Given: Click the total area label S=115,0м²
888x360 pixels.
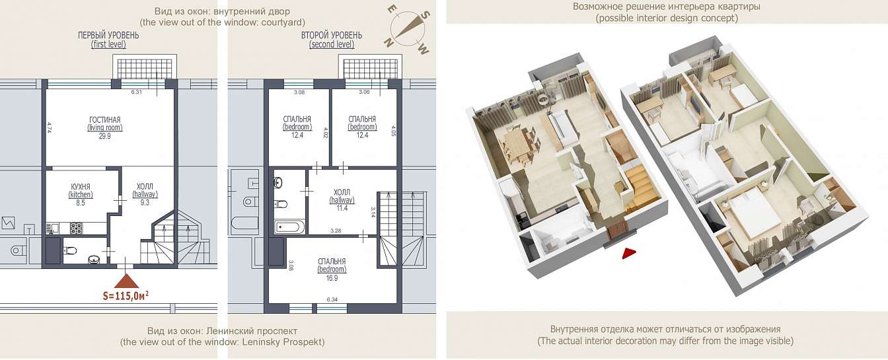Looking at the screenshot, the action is click(x=126, y=296).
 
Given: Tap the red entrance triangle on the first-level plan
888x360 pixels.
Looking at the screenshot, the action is click(x=126, y=281).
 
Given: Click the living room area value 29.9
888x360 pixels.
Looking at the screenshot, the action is click(x=104, y=136).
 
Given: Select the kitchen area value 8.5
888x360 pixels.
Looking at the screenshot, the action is click(x=81, y=203).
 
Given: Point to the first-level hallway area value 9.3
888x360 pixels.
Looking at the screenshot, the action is click(x=145, y=203).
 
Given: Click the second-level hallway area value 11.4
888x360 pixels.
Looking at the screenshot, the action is click(x=342, y=208).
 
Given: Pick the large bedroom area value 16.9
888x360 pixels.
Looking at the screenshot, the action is click(x=332, y=278).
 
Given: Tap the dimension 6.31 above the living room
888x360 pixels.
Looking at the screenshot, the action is click(x=136, y=92).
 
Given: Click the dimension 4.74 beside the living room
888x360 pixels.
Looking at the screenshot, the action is click(x=49, y=127).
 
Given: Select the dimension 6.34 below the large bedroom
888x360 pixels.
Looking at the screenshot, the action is click(x=332, y=300).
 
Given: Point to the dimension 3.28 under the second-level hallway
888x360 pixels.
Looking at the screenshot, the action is click(x=336, y=231).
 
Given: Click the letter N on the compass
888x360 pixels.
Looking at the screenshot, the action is click(x=388, y=43).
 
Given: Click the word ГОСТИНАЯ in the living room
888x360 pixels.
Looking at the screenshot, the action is click(x=104, y=120).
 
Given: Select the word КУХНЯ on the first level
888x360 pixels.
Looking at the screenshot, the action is click(x=81, y=187).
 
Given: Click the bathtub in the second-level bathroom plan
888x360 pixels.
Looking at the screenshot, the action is click(x=290, y=228).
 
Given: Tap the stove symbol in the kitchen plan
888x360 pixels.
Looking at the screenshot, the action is click(x=76, y=228).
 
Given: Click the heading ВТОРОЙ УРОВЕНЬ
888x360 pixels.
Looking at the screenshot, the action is click(x=332, y=35).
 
